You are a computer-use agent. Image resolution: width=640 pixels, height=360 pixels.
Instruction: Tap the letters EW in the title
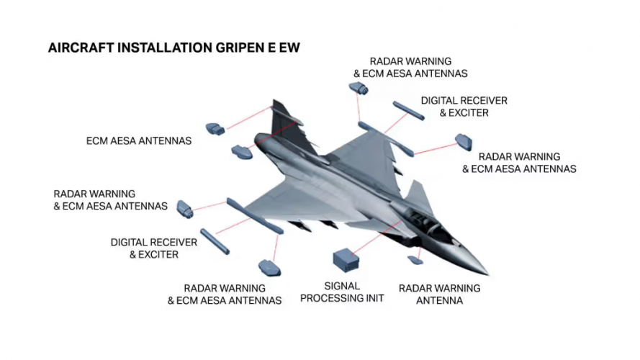[288, 48]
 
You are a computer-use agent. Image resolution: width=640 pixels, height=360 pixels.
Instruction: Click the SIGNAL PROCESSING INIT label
[342, 292]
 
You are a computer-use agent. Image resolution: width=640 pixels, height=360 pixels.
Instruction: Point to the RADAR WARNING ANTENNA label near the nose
[439, 294]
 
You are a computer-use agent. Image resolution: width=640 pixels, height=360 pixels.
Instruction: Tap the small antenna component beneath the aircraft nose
[415, 259]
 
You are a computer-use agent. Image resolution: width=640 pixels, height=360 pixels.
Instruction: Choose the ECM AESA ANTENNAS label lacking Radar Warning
[138, 141]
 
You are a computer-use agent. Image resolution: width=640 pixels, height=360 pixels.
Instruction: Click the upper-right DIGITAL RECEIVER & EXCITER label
[464, 107]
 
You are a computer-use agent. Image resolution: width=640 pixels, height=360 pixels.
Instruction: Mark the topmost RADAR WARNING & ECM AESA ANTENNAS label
[410, 68]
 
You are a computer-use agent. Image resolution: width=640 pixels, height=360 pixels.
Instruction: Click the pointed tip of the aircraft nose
[487, 274]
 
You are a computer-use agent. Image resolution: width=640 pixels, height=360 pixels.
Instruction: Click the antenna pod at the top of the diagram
[358, 89]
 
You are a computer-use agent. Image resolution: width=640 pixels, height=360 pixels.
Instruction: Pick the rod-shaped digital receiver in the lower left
[215, 241]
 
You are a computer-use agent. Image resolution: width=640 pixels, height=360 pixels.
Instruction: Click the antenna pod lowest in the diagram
[270, 268]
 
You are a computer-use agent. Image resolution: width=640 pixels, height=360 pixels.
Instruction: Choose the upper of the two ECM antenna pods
[215, 129]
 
